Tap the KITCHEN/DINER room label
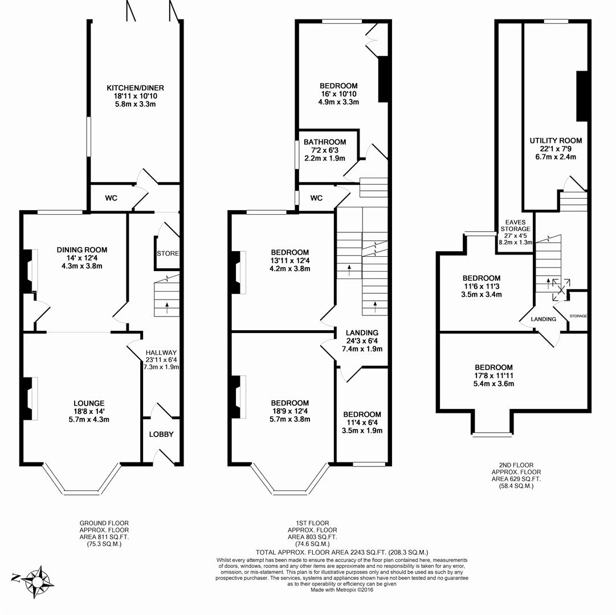[136, 88]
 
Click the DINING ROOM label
[82, 249]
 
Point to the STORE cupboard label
[168, 253]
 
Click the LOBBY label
[161, 434]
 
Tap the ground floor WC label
[111, 198]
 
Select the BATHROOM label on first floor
[325, 142]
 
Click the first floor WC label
[316, 198]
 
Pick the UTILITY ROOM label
[556, 141]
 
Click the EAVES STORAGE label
[515, 225]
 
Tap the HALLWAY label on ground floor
[161, 352]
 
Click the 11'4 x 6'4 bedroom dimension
[362, 423]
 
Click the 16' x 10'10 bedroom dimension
[338, 94]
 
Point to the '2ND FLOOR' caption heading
[516, 465]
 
